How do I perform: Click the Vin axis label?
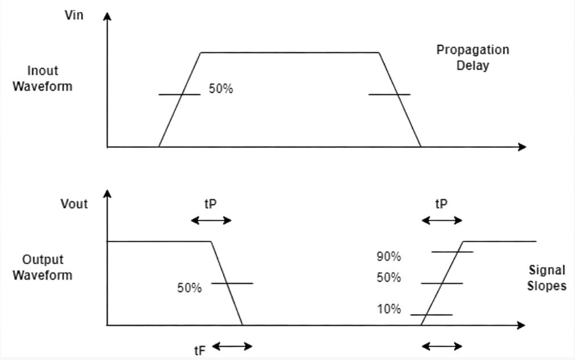pyautogui.click(x=74, y=15)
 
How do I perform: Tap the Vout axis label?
pyautogui.click(x=74, y=204)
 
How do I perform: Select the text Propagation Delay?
pyautogui.click(x=472, y=57)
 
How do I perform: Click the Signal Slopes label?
pyautogui.click(x=547, y=278)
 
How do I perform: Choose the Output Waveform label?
pyautogui.click(x=43, y=267)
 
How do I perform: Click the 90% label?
pyautogui.click(x=389, y=257)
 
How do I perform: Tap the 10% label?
pyautogui.click(x=389, y=309)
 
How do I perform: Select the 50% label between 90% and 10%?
pyautogui.click(x=389, y=278)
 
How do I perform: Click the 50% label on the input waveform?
pyautogui.click(x=221, y=89)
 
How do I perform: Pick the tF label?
pyautogui.click(x=199, y=350)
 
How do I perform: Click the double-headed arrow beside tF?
pyautogui.click(x=232, y=346)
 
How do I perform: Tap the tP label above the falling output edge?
pyautogui.click(x=210, y=204)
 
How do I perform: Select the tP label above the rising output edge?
pyautogui.click(x=441, y=204)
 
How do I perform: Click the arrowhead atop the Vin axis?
pyautogui.click(x=107, y=15)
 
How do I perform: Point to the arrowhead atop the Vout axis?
pyautogui.click(x=107, y=194)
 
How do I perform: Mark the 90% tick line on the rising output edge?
pyautogui.click(x=452, y=252)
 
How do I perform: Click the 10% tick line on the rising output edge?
pyautogui.click(x=431, y=315)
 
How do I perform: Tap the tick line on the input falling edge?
pyautogui.click(x=389, y=94)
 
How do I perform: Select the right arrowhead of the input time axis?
pyautogui.click(x=522, y=147)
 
